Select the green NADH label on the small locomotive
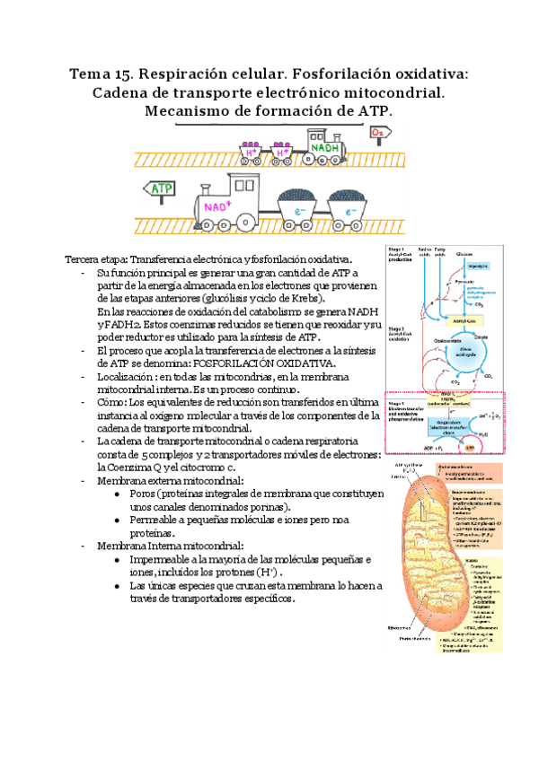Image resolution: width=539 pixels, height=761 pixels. point(323,145)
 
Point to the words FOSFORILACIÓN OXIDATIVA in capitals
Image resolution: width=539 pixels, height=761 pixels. point(267,363)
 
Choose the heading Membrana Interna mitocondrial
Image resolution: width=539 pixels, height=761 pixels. point(165,546)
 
